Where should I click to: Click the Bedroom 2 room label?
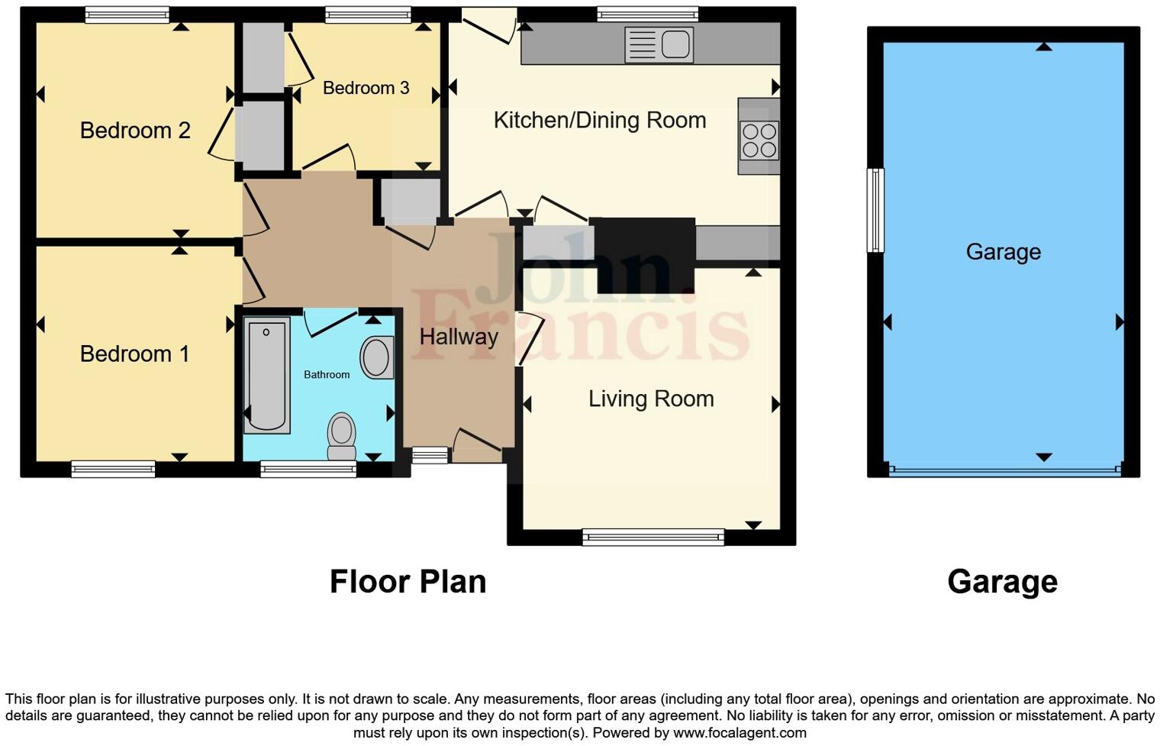pos(135,131)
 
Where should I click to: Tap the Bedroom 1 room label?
pos(134,354)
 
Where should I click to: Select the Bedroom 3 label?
pos(366,88)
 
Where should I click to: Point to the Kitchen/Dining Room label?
pos(599,121)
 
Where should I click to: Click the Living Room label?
pos(650,399)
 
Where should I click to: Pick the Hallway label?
pos(458,337)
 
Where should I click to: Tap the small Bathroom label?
pos(327,375)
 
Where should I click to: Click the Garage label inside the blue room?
pos(1003,252)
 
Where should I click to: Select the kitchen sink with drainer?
pos(659,44)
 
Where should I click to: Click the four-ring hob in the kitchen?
pos(759,140)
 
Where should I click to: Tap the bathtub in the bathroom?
pos(266,375)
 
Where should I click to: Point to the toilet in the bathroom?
pos(341,435)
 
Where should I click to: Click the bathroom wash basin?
pos(376,357)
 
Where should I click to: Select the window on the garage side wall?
pos(875,210)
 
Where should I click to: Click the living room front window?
pos(652,538)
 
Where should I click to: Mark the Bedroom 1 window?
pos(113,469)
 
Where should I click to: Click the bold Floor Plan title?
pos(408,582)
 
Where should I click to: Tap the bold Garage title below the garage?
pos(1002,582)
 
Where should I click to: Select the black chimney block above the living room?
pos(645,254)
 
